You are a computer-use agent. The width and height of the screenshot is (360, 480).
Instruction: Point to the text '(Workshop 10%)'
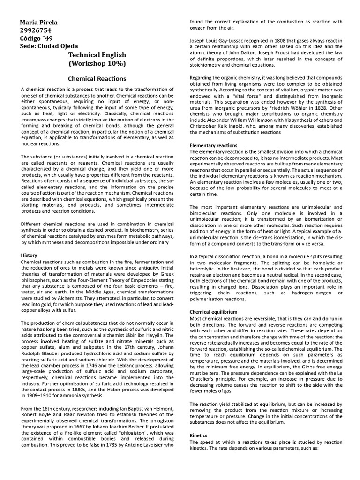coord(97,63)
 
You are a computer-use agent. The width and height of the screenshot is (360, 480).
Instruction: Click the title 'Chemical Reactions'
coord(97,79)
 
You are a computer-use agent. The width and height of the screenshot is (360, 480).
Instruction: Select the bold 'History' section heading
coord(29,255)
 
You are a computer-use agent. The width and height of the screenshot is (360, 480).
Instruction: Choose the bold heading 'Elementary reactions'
coord(213,145)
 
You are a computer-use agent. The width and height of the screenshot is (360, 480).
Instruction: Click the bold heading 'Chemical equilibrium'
coord(213,311)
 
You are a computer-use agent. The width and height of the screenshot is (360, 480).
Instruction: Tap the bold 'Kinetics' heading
coord(198,435)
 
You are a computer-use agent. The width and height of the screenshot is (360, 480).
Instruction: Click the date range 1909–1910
coord(35,396)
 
